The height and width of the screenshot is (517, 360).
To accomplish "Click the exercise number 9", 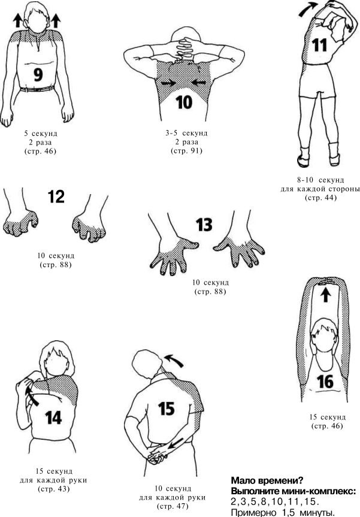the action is [x=38, y=74].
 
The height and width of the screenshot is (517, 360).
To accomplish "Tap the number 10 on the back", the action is [x=184, y=102].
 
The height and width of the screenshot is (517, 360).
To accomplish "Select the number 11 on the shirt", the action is [x=319, y=45].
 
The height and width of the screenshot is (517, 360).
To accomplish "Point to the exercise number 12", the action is [x=56, y=196].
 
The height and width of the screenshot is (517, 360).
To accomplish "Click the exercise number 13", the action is [x=204, y=225].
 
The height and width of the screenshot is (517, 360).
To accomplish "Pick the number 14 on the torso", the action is [x=53, y=418].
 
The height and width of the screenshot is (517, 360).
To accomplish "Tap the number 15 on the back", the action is [x=166, y=409].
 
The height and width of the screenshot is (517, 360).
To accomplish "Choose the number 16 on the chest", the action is [x=325, y=382].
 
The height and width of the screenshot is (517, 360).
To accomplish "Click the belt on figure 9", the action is [x=37, y=89].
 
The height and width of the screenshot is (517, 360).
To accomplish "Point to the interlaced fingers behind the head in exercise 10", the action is [x=184, y=48].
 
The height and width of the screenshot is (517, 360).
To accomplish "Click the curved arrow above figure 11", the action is [x=308, y=9].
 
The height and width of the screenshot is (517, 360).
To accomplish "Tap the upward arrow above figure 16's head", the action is [x=325, y=295].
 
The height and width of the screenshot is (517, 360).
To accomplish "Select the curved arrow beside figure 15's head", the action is [x=174, y=360].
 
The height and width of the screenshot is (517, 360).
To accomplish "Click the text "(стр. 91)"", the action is [x=186, y=151].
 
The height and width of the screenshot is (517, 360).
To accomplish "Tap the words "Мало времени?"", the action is [x=267, y=480].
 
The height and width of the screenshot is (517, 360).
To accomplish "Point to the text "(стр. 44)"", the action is [x=321, y=198].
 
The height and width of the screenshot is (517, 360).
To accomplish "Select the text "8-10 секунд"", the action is [x=320, y=180].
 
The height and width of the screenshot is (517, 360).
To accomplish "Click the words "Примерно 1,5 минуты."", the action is [x=283, y=512].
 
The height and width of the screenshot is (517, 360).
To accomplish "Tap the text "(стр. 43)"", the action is [x=54, y=489].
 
